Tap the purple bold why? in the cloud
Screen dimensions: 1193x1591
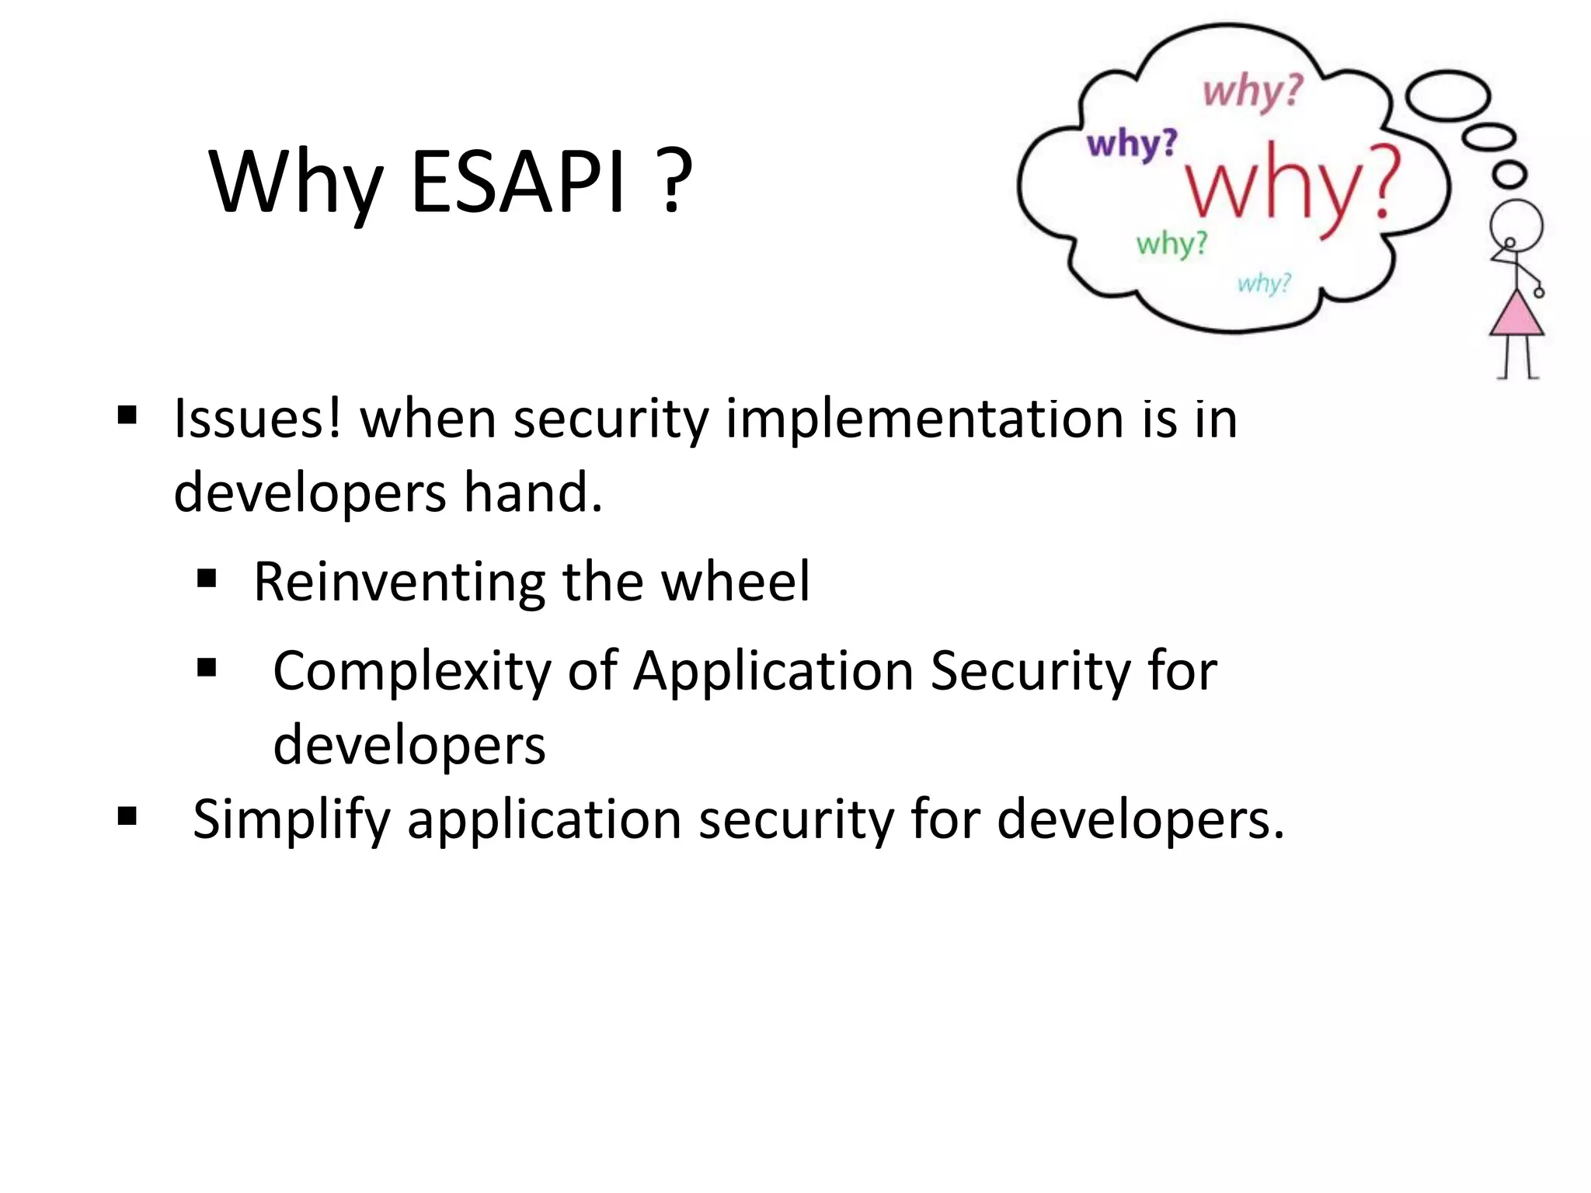(1132, 144)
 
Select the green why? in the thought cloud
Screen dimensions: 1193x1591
(1171, 244)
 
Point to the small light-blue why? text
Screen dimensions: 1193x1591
(1264, 283)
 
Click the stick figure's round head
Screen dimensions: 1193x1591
(1516, 225)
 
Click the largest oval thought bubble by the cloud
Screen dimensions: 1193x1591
(1449, 96)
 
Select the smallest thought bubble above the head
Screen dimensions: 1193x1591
(1510, 174)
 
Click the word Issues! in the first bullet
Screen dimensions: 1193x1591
(257, 419)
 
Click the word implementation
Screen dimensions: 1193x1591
(924, 419)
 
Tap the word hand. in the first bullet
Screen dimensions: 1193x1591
(533, 493)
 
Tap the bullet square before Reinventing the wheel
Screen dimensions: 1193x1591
(207, 579)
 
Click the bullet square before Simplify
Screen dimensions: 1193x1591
(127, 816)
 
